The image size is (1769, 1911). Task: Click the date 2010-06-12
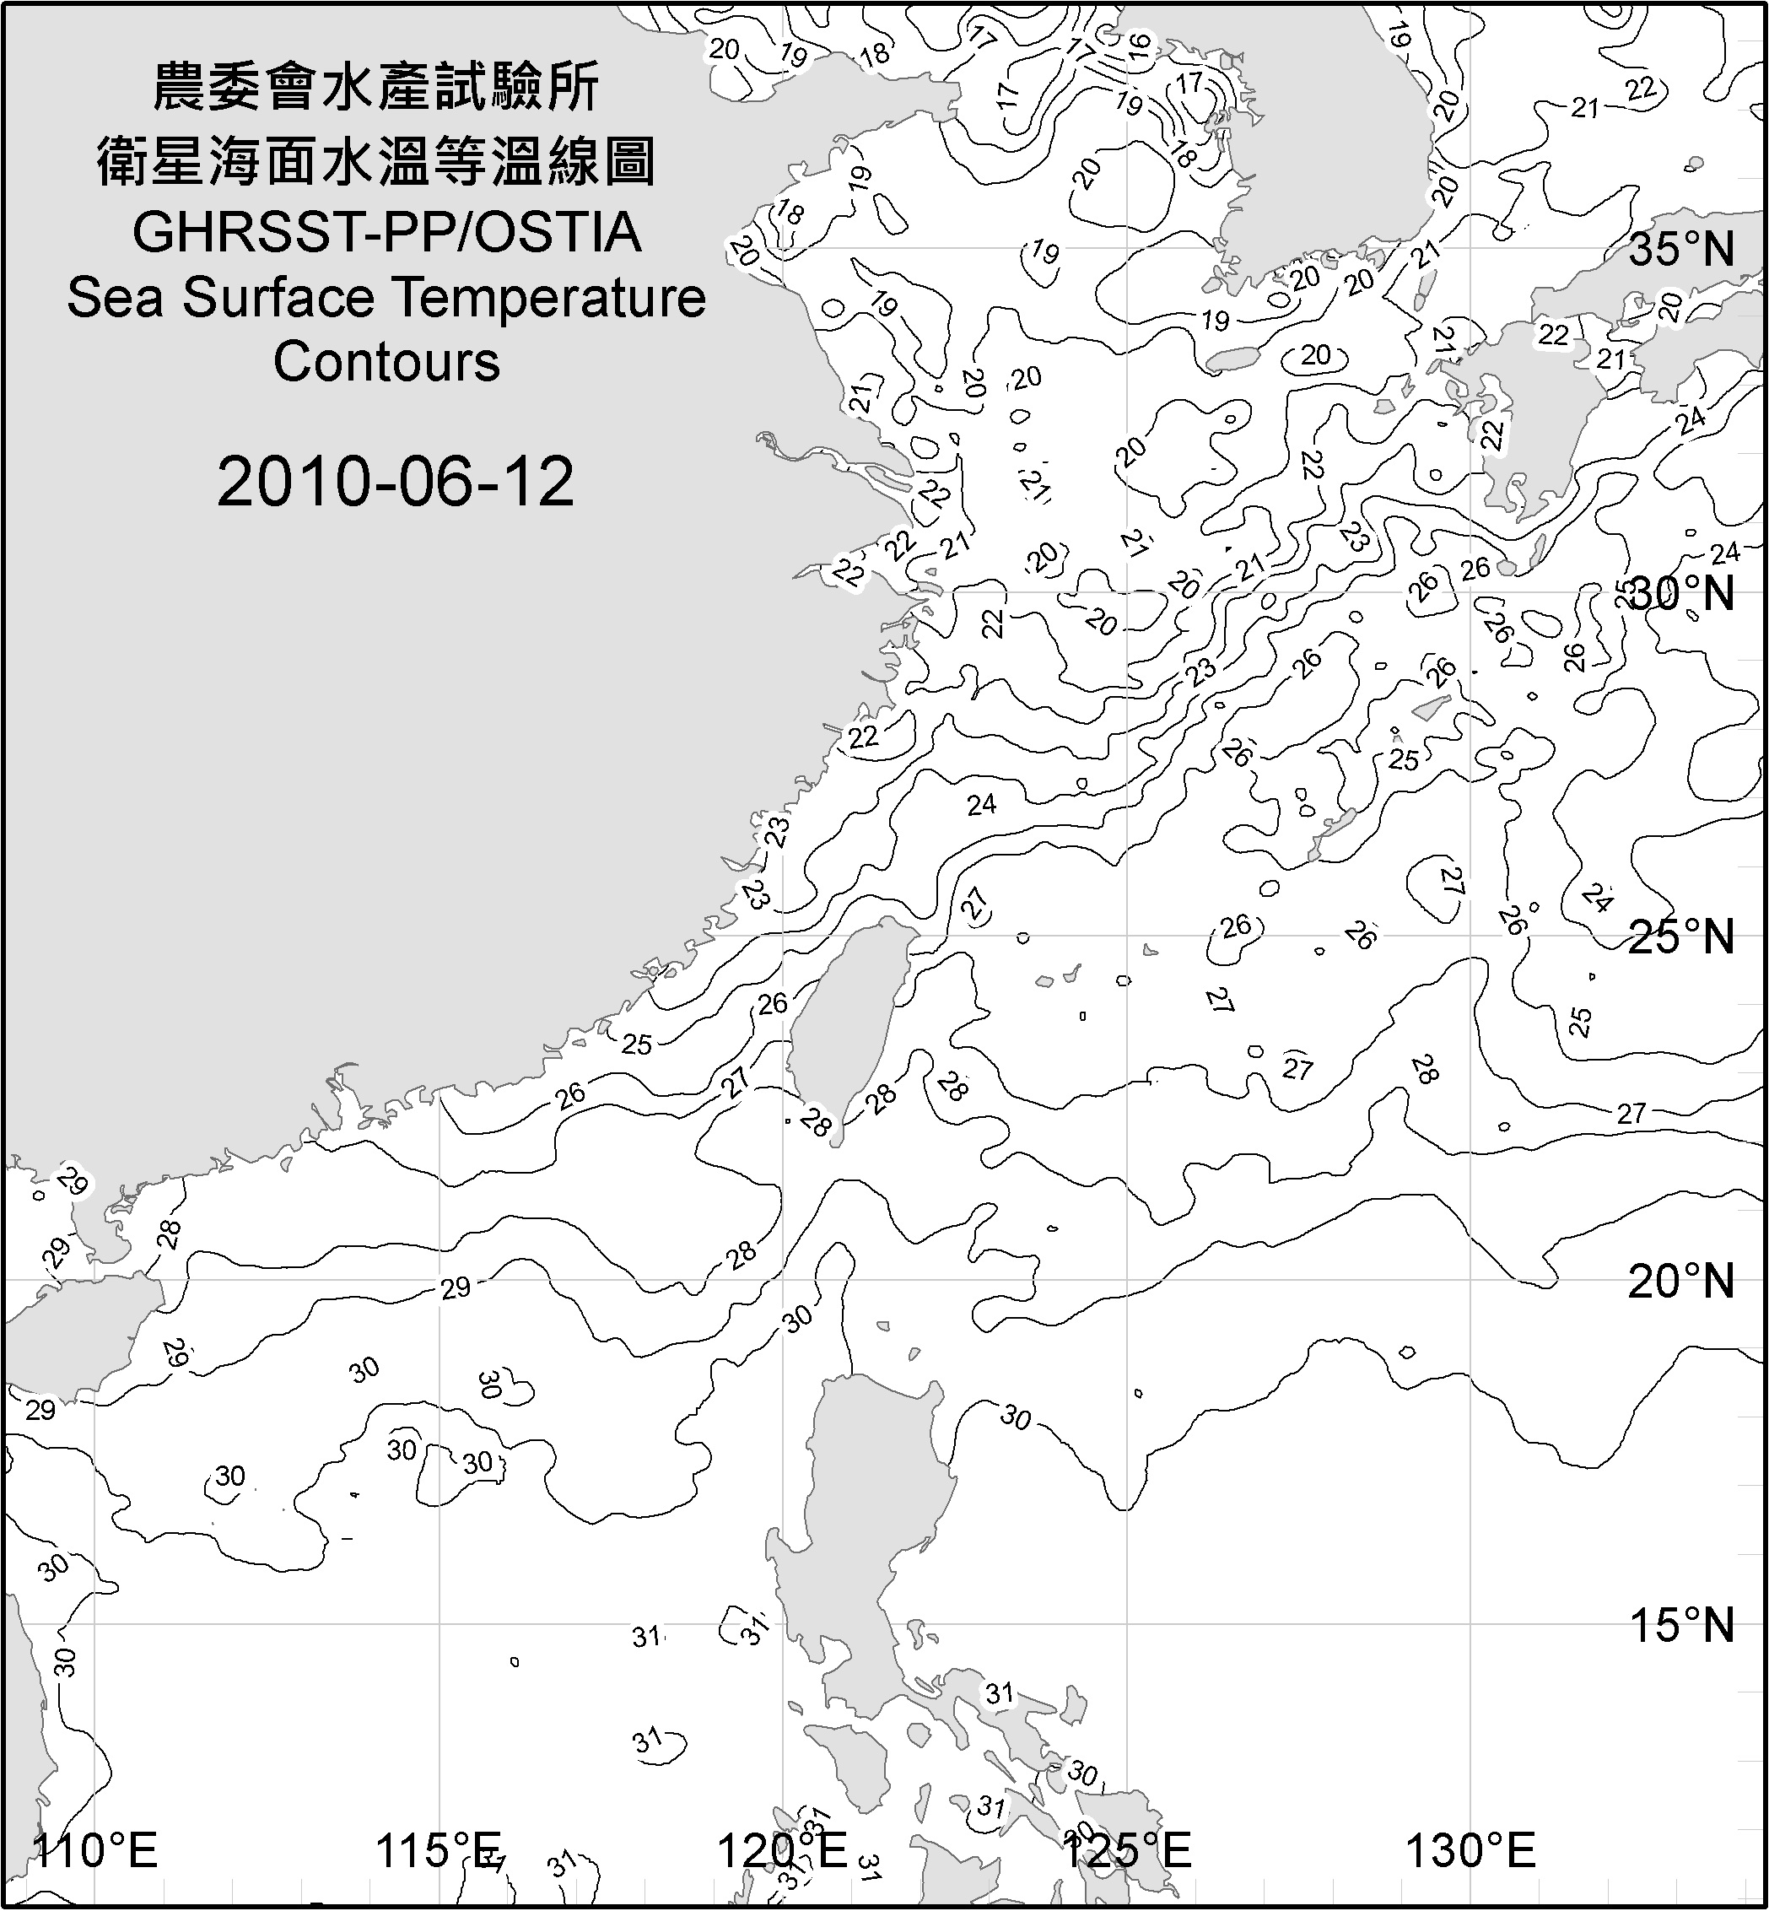tap(396, 482)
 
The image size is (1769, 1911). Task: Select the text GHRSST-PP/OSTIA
tap(386, 233)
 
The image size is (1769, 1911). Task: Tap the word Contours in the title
tap(386, 362)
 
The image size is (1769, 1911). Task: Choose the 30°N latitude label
tap(1683, 595)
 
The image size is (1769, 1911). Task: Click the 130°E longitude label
tap(1470, 1851)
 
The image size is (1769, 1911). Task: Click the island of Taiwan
tap(843, 1024)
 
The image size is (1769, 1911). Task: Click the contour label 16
tap(1137, 46)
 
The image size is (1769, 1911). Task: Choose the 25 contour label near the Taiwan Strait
tap(637, 1044)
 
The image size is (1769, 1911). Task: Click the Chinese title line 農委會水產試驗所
tap(376, 88)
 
